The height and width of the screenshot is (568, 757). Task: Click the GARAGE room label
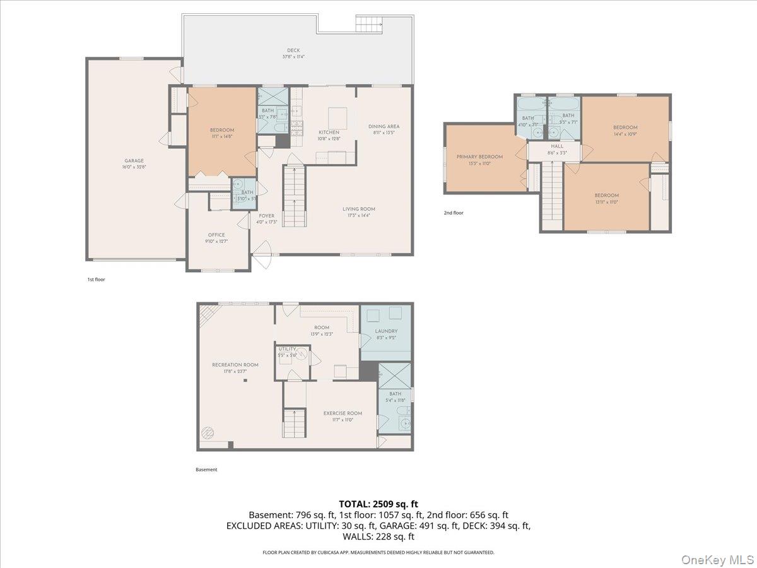[x=134, y=161]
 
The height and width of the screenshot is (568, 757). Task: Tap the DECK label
[x=293, y=50]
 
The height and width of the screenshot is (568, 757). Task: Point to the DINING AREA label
[x=384, y=126]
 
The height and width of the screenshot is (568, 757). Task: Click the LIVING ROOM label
[x=358, y=209]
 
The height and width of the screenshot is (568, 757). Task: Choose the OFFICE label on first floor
[x=216, y=235]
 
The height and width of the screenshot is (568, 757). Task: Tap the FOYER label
[x=266, y=216]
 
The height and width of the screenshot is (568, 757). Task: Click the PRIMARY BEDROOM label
[x=479, y=157]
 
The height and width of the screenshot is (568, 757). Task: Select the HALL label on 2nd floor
[x=556, y=146]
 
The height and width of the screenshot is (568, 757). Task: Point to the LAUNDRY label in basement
[x=385, y=331]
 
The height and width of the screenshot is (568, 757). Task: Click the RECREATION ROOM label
[x=235, y=364]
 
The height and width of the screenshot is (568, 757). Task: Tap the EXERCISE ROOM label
[x=343, y=413]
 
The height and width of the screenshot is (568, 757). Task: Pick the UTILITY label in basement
[x=287, y=348]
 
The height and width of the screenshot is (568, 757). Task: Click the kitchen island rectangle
[x=337, y=117]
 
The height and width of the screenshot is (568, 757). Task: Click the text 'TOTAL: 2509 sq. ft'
[x=378, y=504]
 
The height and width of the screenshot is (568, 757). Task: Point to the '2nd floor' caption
[x=453, y=213]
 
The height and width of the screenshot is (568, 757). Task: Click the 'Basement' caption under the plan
[x=206, y=470]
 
